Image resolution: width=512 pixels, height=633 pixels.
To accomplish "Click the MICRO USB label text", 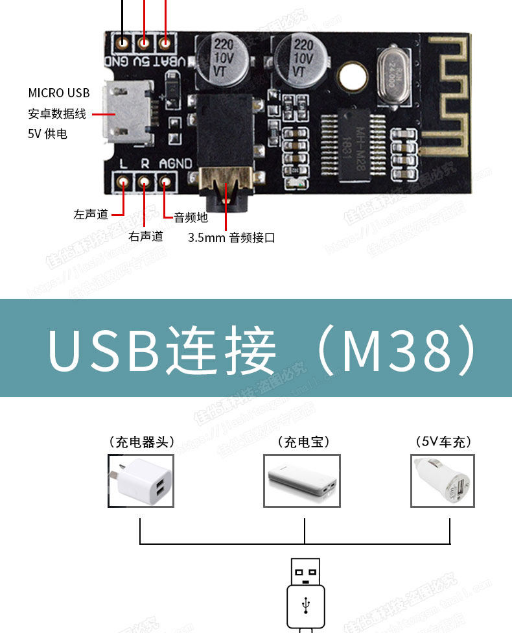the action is coord(59,93).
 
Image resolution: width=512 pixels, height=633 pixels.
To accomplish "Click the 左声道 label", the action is coord(91,214).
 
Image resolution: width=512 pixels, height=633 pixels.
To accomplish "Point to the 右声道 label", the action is coord(145,236).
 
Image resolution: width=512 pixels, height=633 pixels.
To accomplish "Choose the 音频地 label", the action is coord(191,218).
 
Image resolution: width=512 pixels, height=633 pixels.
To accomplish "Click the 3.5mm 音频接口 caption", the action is coord(231,237).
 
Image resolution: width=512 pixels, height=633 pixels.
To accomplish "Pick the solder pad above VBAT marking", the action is coord(166,43).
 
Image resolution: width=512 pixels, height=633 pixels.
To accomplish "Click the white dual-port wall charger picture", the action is coord(141,481).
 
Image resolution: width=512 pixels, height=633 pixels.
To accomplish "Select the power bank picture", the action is coord(302,481).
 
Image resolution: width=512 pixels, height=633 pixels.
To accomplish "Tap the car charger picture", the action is coord(443,481).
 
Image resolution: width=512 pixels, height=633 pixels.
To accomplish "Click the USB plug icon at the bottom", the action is coord(305,593).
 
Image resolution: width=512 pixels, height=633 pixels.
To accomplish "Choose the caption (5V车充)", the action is coord(443,442).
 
